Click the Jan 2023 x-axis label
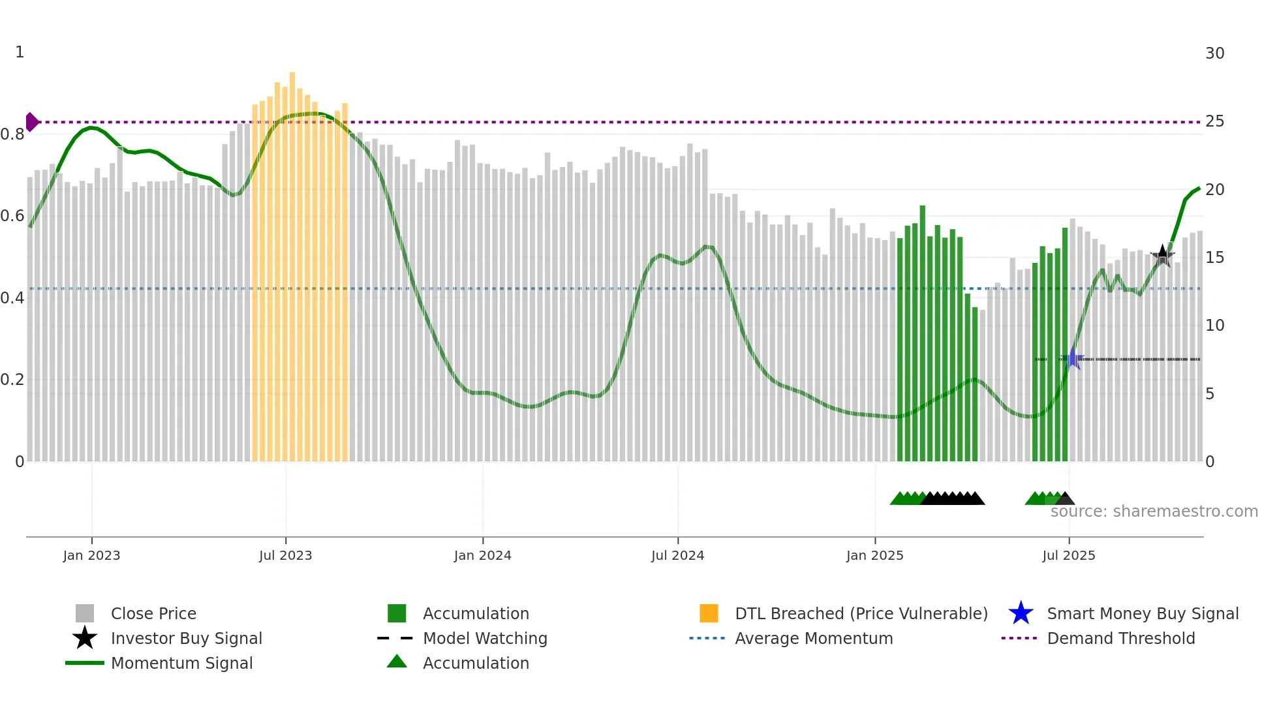tap(91, 555)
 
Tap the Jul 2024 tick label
tap(677, 555)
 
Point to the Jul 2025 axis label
tap(1068, 555)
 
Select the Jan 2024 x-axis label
tap(482, 555)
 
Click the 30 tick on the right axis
tap(1214, 54)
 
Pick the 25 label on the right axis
tap(1214, 121)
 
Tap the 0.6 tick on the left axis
tap(12, 216)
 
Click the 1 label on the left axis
tap(20, 52)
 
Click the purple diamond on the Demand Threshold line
tap(31, 122)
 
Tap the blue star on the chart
tap(1072, 358)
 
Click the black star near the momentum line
tap(1162, 256)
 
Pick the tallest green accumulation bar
tap(923, 333)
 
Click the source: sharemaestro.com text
tap(1154, 512)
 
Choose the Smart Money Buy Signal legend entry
tap(1142, 613)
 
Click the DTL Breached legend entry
tap(861, 613)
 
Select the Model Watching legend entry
tap(484, 638)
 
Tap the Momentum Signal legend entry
tap(181, 663)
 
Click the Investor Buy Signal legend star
tap(85, 638)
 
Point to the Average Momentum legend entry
tap(813, 638)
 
